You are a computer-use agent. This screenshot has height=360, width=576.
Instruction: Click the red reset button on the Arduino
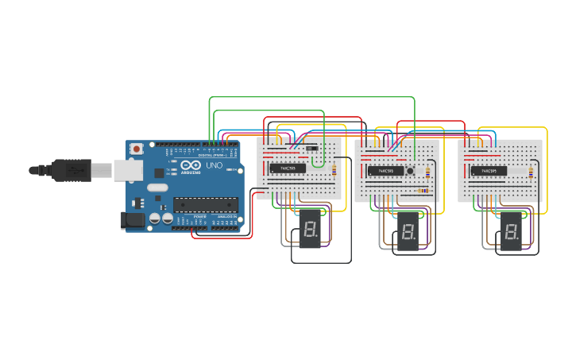[137, 149]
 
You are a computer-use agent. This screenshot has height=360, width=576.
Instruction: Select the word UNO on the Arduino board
[215, 165]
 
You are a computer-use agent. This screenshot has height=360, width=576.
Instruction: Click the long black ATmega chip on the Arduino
[206, 205]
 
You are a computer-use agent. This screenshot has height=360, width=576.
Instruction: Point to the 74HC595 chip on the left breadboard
[287, 168]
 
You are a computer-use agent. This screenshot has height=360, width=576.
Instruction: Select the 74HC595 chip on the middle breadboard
[385, 170]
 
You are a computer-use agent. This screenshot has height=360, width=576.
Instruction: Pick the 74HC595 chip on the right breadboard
[489, 170]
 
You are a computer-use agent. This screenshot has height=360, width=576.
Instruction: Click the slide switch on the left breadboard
[312, 147]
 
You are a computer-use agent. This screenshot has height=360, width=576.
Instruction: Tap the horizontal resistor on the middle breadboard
[423, 190]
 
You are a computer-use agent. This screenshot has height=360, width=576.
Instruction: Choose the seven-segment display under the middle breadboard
[408, 233]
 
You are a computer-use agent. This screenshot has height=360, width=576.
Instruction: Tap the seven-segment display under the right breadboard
[511, 233]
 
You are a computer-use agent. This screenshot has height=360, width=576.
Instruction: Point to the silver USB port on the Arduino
[126, 169]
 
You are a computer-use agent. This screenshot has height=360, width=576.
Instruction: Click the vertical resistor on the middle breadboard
[428, 172]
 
